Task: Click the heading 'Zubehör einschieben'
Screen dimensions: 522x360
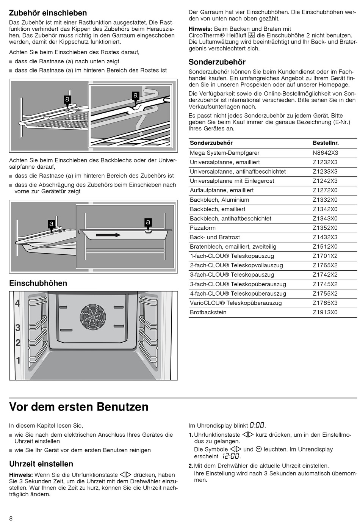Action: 48,13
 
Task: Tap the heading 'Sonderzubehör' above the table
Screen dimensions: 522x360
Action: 217,62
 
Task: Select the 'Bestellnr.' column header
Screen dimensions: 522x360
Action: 326,143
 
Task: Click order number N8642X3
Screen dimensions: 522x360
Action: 325,153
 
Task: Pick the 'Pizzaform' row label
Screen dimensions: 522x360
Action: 203,228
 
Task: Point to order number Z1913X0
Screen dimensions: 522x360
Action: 325,312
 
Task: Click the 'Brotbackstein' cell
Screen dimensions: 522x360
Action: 208,312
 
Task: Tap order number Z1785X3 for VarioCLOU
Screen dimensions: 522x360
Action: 325,303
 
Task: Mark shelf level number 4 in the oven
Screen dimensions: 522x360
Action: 17,304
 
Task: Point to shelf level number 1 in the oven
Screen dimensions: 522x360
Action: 18,360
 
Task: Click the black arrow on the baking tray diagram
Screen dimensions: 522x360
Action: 108,235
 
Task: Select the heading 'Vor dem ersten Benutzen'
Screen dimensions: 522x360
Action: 79,407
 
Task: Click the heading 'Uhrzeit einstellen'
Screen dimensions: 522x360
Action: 41,464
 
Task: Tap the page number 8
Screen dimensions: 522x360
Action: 11,518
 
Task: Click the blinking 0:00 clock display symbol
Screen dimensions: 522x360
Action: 257,425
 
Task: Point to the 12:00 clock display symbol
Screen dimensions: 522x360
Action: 231,456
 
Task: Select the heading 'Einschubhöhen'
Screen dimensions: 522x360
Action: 38,283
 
